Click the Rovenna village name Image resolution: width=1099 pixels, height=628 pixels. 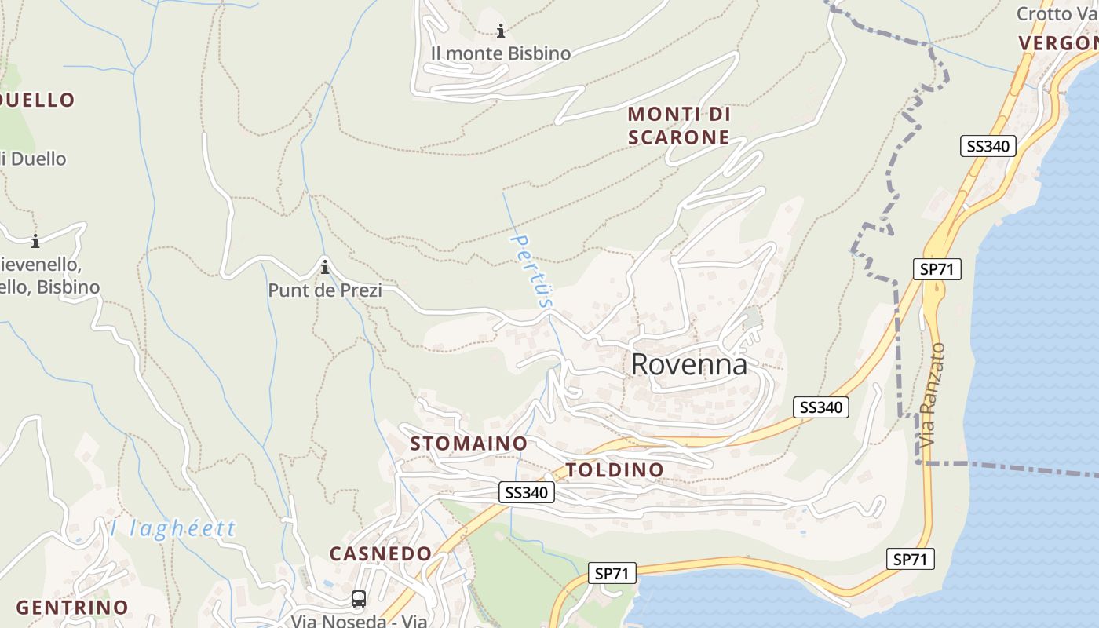[688, 365]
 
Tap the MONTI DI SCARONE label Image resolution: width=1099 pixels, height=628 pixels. [679, 126]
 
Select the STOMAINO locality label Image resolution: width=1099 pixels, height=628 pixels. [469, 444]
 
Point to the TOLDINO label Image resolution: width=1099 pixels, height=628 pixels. [615, 470]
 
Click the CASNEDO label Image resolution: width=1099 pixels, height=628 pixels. [381, 553]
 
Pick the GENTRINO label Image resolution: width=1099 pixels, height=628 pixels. [72, 607]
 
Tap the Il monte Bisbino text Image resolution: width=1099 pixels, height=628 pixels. [500, 53]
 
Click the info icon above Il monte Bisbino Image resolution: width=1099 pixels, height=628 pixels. [501, 31]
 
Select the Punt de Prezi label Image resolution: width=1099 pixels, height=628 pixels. [325, 290]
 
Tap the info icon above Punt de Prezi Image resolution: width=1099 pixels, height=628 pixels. [324, 267]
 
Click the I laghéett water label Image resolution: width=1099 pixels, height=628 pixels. [173, 528]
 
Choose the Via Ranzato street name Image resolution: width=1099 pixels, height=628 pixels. [933, 396]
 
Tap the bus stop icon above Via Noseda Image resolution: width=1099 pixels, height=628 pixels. [359, 599]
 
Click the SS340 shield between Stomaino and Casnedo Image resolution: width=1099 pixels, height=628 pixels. [527, 493]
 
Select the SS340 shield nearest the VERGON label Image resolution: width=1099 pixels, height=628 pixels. [988, 146]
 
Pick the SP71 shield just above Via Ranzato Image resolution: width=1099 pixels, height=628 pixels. [937, 269]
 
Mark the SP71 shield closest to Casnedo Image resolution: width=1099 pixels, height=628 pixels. [612, 574]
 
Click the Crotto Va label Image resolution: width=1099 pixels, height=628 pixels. [1055, 14]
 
